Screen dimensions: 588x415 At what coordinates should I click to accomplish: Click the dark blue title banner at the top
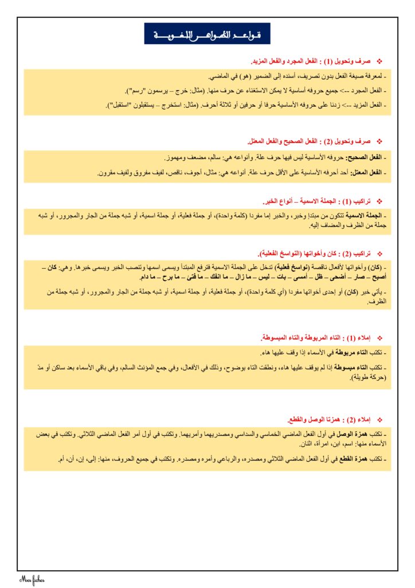[207, 34]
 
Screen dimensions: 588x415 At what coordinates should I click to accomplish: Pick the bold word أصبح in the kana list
[377, 277]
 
